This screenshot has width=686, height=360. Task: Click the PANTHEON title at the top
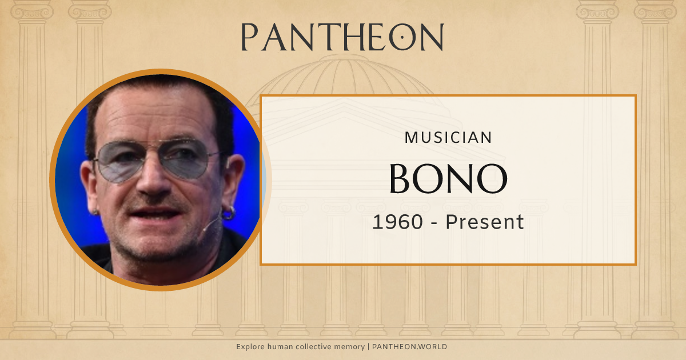[x=342, y=37]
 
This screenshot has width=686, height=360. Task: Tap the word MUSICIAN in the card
[x=448, y=138]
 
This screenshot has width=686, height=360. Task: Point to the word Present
[x=485, y=222]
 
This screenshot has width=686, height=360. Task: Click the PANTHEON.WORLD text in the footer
[x=409, y=347]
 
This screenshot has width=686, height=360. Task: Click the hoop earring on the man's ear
[x=228, y=214]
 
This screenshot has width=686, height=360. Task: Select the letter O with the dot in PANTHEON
[x=402, y=37]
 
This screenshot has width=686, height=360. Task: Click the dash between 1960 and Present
[x=433, y=222]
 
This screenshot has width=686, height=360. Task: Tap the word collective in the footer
[x=311, y=347]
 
